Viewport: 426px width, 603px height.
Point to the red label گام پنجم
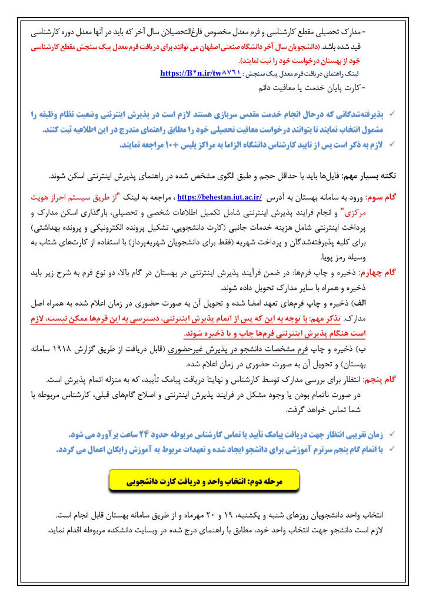click(380, 379)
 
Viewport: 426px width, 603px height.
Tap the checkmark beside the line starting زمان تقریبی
click(393, 435)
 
